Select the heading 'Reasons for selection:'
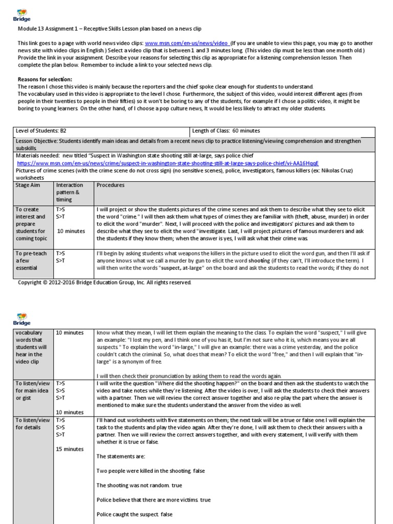[x=45, y=79]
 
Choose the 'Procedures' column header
[x=111, y=185]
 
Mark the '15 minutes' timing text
[x=70, y=449]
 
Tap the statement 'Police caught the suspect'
[x=128, y=514]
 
